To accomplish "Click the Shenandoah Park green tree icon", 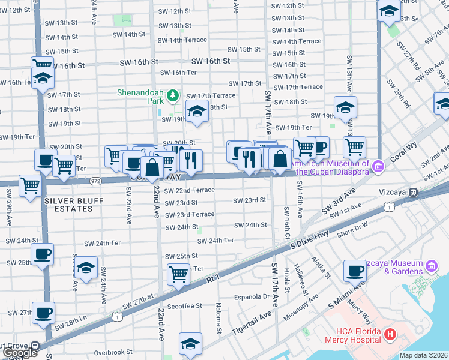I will [x=172, y=95].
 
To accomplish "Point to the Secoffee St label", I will [x=185, y=305].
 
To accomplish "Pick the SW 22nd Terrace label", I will [x=187, y=190].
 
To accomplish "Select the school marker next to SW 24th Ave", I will [x=86, y=268].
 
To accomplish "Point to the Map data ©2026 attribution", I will [x=424, y=355].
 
